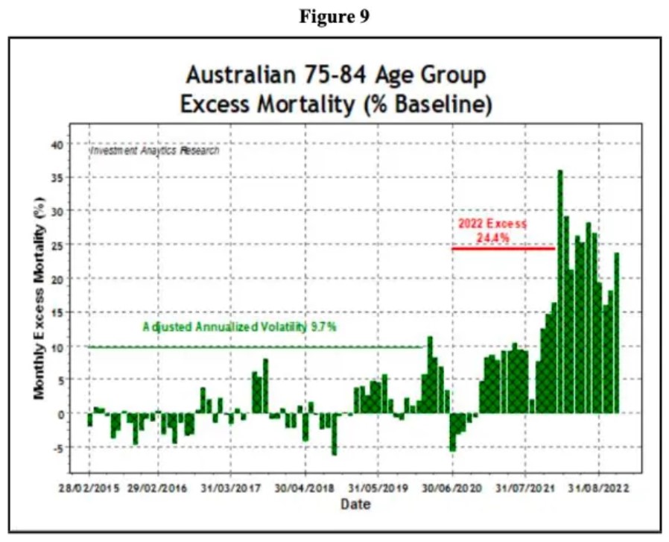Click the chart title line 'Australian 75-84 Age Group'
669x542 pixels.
click(335, 75)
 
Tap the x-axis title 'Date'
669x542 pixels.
click(355, 505)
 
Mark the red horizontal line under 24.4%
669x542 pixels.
click(503, 248)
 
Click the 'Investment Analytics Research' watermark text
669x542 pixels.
click(155, 150)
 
